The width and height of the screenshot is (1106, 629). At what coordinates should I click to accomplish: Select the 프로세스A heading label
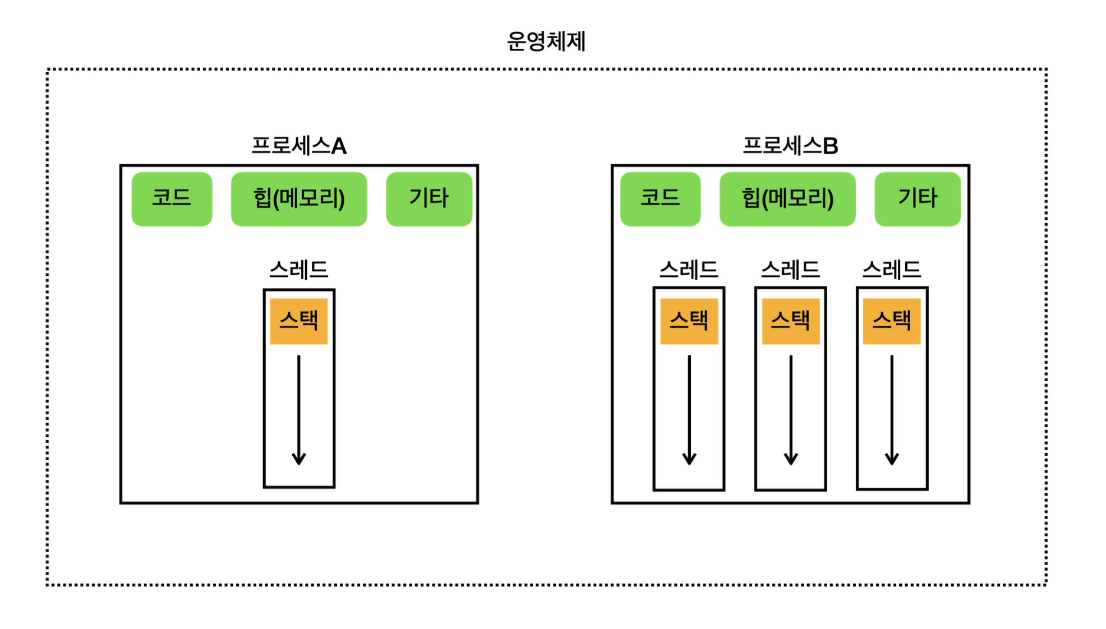298,146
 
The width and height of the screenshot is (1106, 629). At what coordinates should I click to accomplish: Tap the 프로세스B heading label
790,146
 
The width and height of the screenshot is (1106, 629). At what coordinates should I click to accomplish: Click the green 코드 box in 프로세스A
172,198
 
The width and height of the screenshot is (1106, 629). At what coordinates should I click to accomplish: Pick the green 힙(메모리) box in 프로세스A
299,198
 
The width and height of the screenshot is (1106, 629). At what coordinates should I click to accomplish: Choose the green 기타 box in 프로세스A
429,198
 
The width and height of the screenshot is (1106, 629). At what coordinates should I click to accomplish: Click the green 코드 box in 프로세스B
660,198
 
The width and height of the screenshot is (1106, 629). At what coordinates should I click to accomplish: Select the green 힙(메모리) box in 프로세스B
787,198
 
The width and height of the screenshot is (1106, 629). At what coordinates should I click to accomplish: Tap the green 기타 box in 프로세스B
918,198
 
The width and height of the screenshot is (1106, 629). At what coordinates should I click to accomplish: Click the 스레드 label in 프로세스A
298,270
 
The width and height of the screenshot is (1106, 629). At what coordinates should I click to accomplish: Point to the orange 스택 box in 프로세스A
298,321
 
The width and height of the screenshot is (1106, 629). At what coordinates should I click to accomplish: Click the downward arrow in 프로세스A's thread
298,409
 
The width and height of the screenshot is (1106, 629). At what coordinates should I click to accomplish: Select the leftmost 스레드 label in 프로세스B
689,270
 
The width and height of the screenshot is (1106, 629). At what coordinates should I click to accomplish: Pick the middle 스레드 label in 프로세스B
790,270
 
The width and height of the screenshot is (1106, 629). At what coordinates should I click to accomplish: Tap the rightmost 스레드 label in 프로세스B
892,270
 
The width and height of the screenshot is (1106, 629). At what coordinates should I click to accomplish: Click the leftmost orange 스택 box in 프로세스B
689,321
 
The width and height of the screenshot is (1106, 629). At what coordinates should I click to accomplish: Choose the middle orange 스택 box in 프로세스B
790,321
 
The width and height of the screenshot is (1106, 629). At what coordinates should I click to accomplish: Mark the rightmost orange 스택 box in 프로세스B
892,321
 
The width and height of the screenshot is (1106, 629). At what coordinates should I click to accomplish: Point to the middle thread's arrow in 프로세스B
791,409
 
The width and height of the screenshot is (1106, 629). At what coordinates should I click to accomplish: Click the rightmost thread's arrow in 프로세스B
892,409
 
